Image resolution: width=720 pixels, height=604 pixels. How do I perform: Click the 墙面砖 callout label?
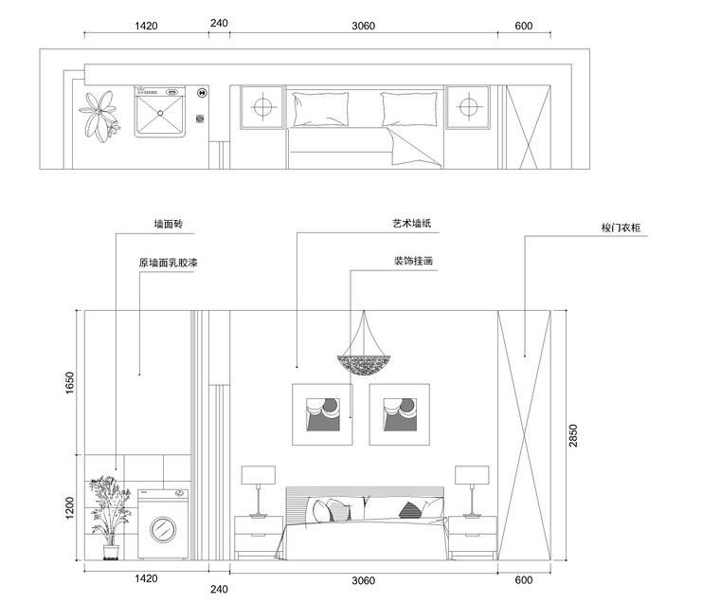click(x=169, y=224)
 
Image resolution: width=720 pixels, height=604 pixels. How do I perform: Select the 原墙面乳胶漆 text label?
click(x=168, y=263)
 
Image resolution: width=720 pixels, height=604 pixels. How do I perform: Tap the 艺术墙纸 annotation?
click(x=412, y=224)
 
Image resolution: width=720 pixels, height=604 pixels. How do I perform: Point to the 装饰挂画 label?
click(x=413, y=261)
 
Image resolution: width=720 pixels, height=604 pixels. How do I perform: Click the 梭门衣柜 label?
click(x=621, y=228)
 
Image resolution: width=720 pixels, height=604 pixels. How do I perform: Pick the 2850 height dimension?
click(x=573, y=435)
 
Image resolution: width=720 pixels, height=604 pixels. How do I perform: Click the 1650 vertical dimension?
click(x=69, y=382)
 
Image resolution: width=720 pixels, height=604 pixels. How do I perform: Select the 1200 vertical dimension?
click(x=69, y=508)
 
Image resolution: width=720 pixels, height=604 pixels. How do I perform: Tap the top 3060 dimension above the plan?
click(x=363, y=26)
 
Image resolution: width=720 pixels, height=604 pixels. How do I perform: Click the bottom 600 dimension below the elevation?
click(x=524, y=580)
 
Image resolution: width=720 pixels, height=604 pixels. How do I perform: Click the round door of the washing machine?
click(x=163, y=528)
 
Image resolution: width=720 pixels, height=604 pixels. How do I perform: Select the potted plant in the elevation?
click(x=109, y=518)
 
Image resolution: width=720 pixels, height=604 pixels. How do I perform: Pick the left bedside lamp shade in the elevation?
click(x=259, y=475)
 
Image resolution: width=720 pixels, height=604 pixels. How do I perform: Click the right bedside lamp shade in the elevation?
click(x=472, y=475)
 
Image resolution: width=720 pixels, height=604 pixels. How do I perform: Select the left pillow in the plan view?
click(x=320, y=108)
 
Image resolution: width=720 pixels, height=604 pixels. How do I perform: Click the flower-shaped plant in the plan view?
click(x=99, y=116)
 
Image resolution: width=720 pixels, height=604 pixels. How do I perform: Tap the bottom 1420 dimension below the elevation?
click(x=146, y=578)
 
